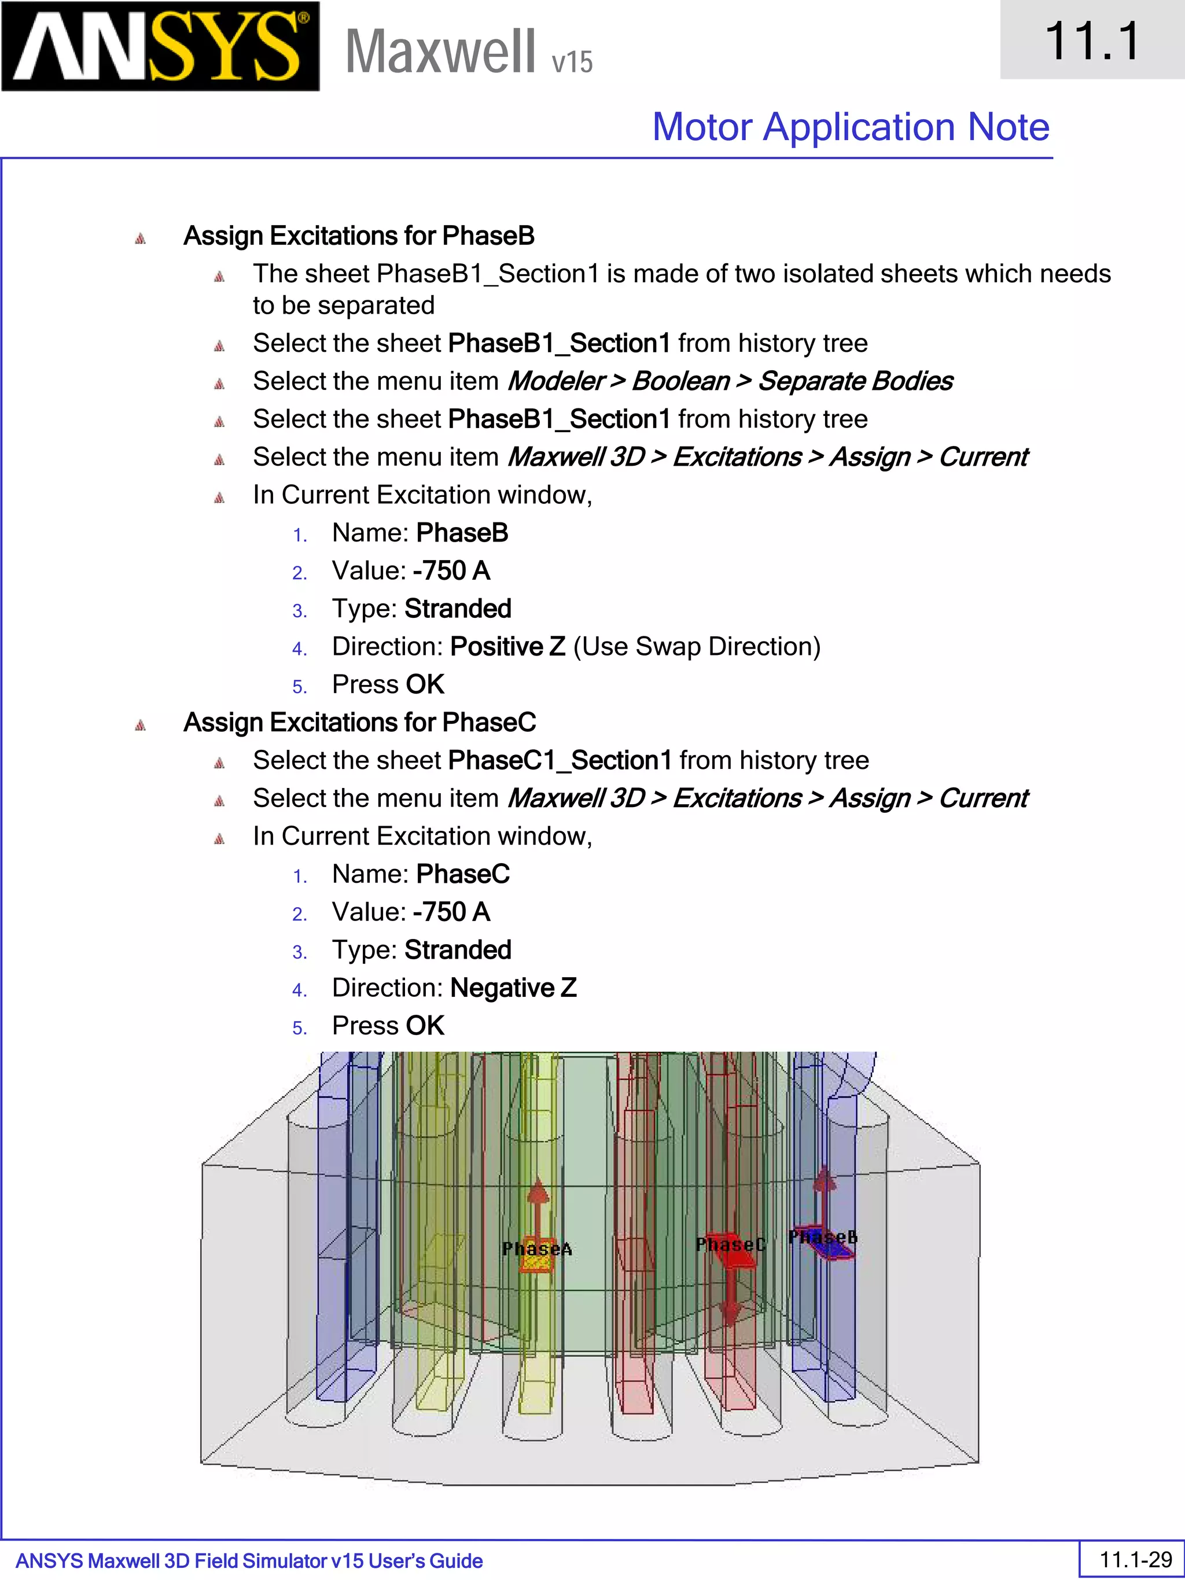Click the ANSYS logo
(160, 46)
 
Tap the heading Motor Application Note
(850, 127)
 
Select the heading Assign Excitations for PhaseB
(359, 235)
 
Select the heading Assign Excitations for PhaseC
(359, 722)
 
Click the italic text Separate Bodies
(855, 381)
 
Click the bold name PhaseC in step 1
(463, 874)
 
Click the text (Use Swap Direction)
(697, 646)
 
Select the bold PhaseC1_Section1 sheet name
(560, 761)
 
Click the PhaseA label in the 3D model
(536, 1248)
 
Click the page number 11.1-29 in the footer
(1135, 1559)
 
